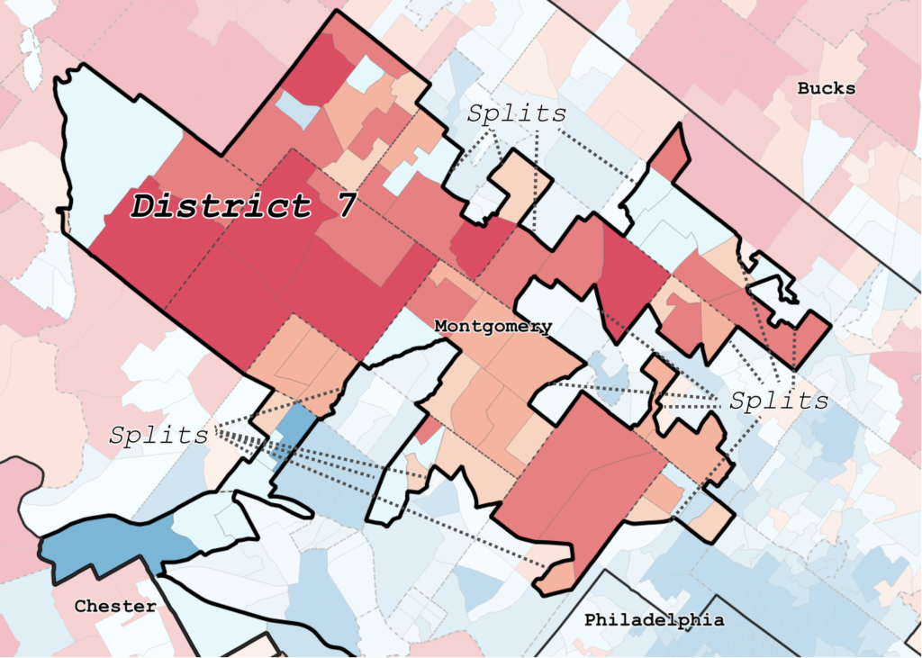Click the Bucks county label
point(826,88)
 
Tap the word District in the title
point(217,205)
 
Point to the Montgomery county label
point(493,326)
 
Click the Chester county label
point(114,606)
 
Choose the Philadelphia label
point(654,620)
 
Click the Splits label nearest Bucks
point(517,113)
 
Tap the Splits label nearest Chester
point(158,435)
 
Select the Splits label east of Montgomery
point(779,401)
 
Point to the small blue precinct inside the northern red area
point(298,110)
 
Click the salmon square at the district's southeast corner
point(716,519)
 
